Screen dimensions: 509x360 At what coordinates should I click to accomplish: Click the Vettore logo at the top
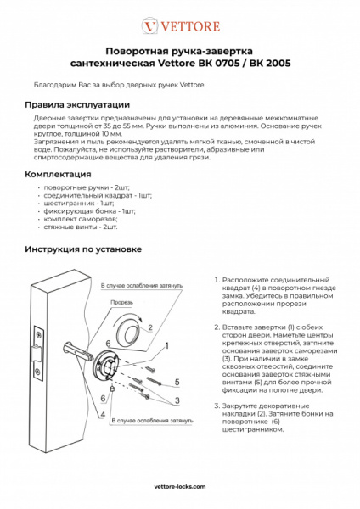pos(179,25)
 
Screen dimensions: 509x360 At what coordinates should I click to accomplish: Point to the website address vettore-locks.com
pos(181,487)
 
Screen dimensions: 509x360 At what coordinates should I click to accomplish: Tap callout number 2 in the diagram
pos(150,327)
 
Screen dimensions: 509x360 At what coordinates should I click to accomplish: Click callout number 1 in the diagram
pos(167,346)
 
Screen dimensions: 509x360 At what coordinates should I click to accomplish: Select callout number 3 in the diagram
pos(177,399)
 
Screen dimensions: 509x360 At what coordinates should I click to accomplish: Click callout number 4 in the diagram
pos(103,415)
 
